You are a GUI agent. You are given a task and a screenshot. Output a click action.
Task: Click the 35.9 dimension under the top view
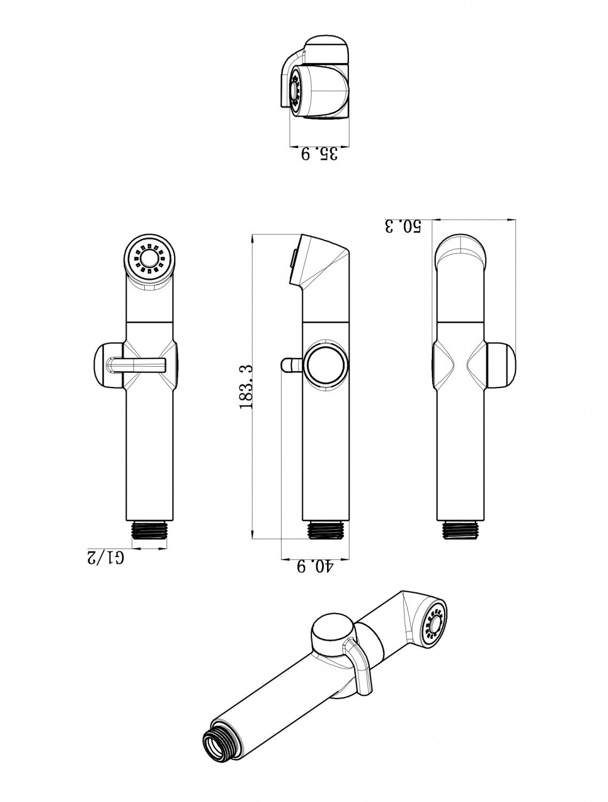319,154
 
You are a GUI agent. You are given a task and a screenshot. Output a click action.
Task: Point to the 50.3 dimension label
403,226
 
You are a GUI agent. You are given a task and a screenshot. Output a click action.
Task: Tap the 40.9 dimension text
315,566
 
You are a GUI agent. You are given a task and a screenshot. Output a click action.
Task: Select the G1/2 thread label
106,557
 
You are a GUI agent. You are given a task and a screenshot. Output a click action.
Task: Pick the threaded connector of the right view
460,529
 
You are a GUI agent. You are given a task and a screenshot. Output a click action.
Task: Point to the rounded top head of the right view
461,251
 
